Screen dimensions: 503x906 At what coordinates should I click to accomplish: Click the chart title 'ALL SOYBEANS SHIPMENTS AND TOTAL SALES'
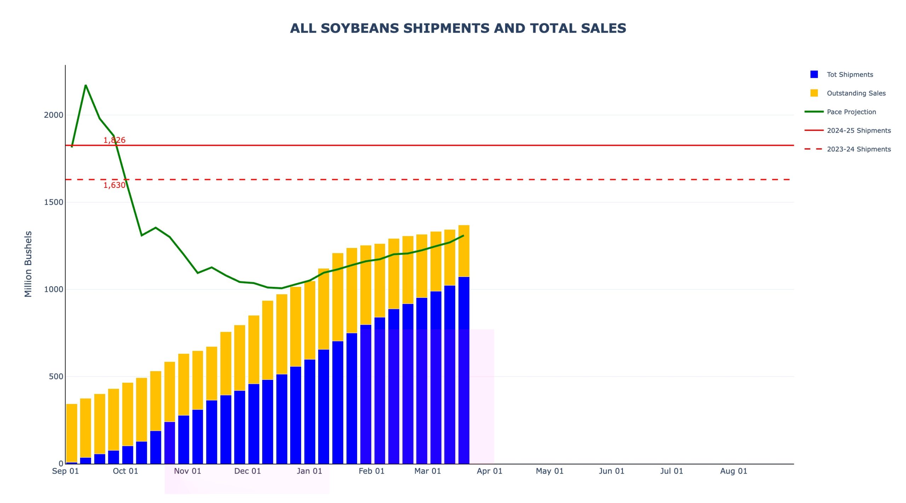tap(458, 28)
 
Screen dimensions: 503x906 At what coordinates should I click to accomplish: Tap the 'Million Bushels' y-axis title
tap(28, 264)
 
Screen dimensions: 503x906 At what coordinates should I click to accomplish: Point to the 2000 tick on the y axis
tap(53, 115)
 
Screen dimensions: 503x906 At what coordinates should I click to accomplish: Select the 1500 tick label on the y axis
tap(53, 202)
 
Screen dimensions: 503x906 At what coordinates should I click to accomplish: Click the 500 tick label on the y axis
tap(56, 376)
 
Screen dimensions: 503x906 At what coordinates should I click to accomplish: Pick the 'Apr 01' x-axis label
tap(489, 471)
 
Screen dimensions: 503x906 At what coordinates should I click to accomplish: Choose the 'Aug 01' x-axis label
tap(734, 471)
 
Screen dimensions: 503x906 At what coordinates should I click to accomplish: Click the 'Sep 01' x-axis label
tap(65, 471)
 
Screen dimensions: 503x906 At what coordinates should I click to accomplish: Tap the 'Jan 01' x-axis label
tap(309, 471)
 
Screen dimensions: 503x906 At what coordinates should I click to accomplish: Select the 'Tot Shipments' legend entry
tap(850, 75)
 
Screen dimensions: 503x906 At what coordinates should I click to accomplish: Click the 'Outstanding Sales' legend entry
tap(856, 93)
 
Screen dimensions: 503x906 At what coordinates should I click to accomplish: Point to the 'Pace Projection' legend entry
tap(851, 112)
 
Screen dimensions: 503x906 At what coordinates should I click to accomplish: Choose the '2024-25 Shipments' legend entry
tap(859, 131)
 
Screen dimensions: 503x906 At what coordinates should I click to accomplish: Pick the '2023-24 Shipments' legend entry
tap(859, 149)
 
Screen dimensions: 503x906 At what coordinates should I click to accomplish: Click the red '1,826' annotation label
tap(114, 140)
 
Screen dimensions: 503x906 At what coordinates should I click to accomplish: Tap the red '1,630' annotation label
tap(114, 185)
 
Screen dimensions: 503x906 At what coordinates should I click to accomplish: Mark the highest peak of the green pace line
tap(86, 85)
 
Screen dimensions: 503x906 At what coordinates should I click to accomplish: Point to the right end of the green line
tap(463, 236)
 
